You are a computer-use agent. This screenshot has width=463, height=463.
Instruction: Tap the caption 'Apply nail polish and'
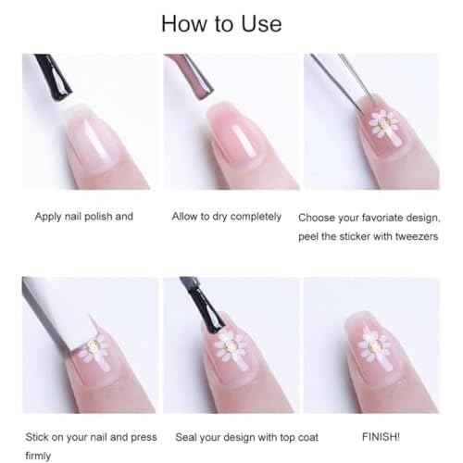pos(84,217)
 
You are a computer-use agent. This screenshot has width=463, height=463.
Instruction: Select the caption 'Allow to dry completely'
pos(227,217)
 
